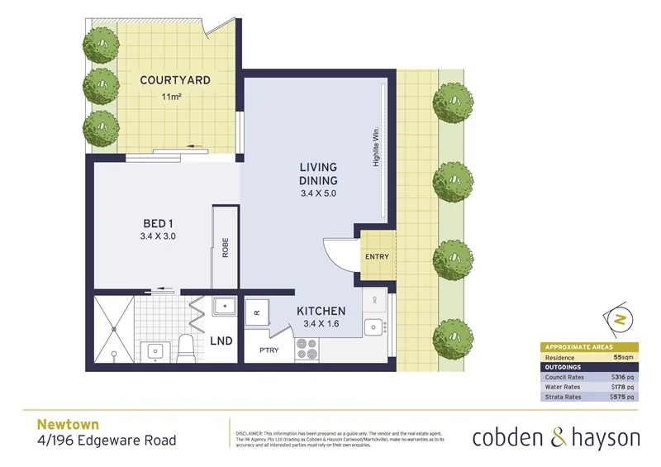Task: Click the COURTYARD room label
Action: [x=174, y=80]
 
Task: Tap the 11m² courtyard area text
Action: [x=172, y=98]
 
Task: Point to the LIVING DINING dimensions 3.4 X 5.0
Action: [x=318, y=193]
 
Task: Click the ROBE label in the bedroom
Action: [x=224, y=248]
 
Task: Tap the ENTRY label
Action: [x=376, y=257]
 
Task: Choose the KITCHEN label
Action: [x=321, y=311]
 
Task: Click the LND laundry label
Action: [x=221, y=341]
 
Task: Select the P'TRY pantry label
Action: [x=269, y=350]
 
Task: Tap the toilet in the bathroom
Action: [x=185, y=348]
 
